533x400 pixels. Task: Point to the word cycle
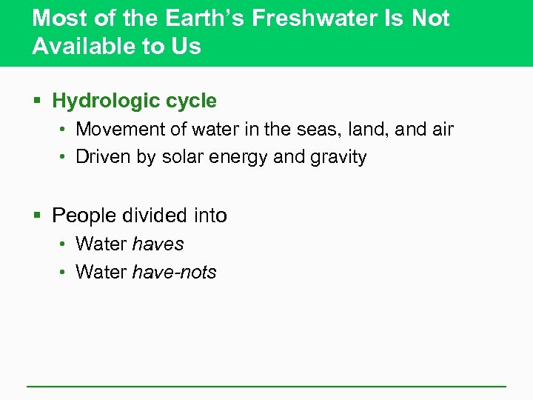point(191,101)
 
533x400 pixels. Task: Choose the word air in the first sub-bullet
point(442,130)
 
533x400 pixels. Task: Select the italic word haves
point(158,244)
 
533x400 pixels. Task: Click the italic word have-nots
point(174,273)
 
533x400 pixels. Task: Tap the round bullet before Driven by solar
point(64,158)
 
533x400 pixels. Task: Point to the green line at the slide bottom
point(266,386)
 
